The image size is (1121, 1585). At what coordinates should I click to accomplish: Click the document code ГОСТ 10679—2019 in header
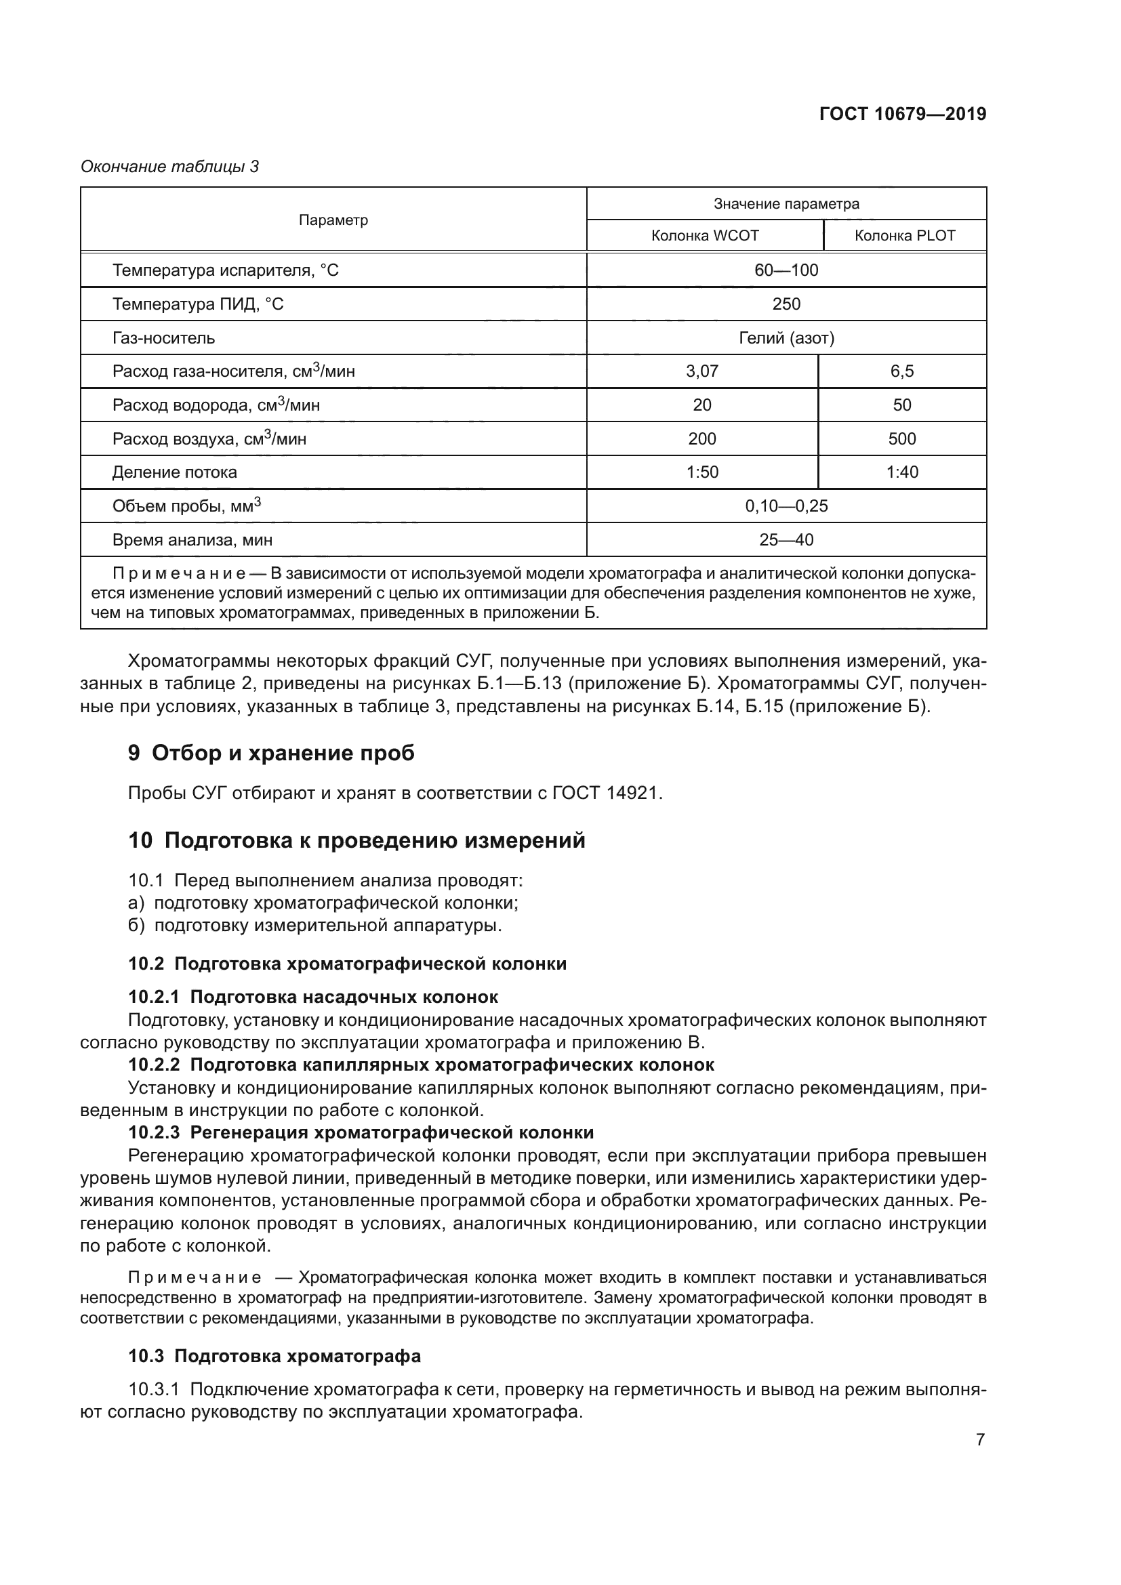tap(902, 114)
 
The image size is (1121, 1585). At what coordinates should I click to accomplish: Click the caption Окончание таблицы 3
tap(170, 167)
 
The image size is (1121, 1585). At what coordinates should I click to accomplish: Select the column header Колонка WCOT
tap(704, 235)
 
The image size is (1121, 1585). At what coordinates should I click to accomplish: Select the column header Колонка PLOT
tap(904, 235)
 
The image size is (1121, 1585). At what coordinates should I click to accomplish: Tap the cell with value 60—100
tap(786, 270)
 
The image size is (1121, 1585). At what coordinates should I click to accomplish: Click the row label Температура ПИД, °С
tap(197, 304)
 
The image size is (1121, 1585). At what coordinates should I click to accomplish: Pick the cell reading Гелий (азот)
tap(786, 337)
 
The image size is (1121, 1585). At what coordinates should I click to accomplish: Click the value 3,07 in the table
tap(701, 371)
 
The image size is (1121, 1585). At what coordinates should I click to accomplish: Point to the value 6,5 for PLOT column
tap(901, 371)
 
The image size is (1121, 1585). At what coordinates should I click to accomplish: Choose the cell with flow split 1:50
tap(701, 472)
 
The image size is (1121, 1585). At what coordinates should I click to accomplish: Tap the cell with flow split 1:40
tap(901, 472)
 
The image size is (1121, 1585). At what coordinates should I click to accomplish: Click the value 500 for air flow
tap(901, 438)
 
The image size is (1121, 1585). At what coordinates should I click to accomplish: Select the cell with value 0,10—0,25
tap(786, 506)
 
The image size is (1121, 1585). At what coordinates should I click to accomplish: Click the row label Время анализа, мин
tap(192, 540)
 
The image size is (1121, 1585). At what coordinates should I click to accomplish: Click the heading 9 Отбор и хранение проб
tap(271, 752)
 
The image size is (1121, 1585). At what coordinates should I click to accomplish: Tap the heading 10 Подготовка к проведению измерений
tap(356, 840)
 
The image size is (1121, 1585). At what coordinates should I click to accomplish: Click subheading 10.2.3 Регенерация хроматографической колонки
tap(361, 1132)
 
